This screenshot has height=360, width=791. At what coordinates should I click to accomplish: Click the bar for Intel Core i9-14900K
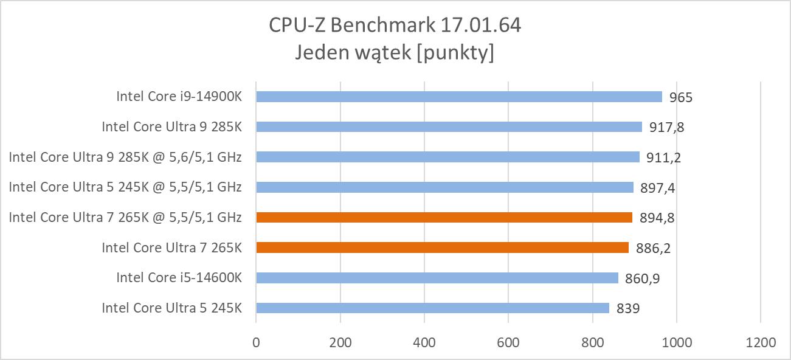(x=459, y=97)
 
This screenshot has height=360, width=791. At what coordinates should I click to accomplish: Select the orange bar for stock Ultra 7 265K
(x=442, y=247)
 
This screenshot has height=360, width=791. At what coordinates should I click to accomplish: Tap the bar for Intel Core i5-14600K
(x=437, y=278)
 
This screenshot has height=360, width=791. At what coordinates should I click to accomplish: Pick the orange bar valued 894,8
(x=444, y=217)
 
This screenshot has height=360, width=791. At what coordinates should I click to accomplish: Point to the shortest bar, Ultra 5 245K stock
(x=432, y=308)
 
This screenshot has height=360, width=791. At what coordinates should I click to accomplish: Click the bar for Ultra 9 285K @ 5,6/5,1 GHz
(x=447, y=157)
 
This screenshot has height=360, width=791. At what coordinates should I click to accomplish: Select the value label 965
(x=680, y=97)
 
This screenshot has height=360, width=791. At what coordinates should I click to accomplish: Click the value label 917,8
(x=667, y=128)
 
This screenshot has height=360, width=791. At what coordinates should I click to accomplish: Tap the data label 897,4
(x=657, y=188)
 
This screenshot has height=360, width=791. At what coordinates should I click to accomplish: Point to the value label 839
(x=628, y=309)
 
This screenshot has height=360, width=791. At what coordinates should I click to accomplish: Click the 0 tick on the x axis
(x=256, y=342)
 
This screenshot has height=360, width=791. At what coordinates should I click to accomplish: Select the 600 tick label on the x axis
(x=508, y=342)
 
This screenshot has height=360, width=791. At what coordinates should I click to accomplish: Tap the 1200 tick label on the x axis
(x=760, y=342)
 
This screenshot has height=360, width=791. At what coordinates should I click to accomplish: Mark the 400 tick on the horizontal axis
(x=424, y=342)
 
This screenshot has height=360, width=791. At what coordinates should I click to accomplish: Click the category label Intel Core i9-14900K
(x=179, y=96)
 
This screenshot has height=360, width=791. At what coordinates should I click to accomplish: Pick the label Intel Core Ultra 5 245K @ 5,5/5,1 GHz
(x=125, y=187)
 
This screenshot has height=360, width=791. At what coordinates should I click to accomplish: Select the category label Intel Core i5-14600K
(x=179, y=277)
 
